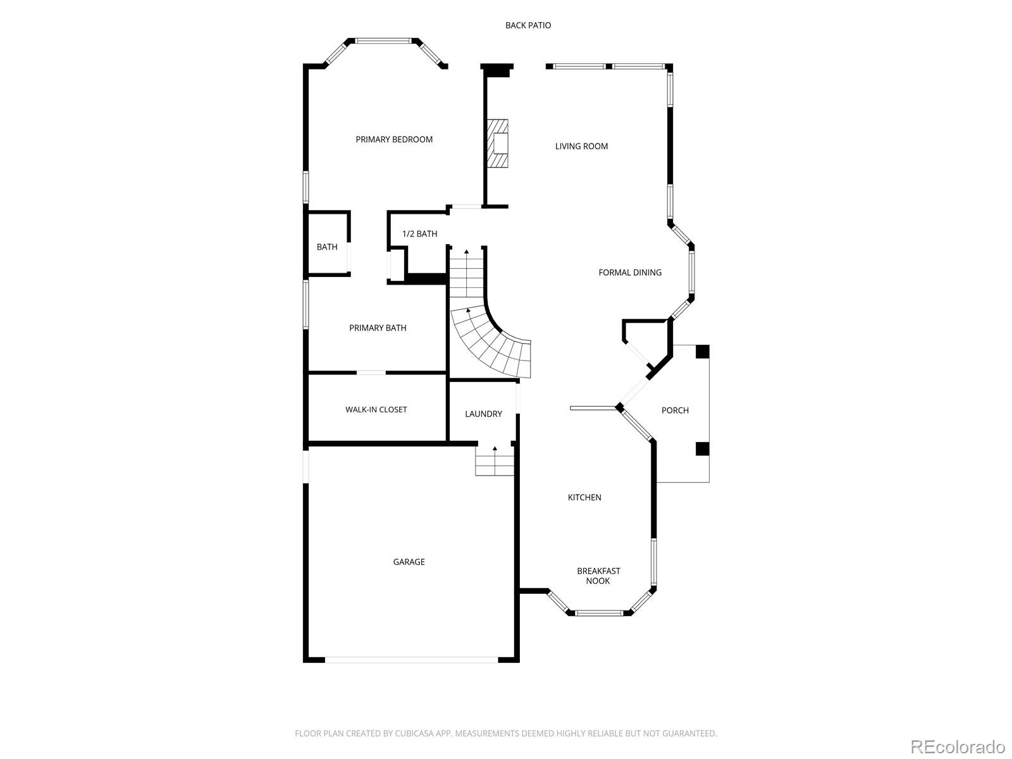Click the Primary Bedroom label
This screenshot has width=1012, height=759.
pos(394,139)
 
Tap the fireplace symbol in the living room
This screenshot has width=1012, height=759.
pos(498,144)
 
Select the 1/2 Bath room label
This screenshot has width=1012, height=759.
pos(419,234)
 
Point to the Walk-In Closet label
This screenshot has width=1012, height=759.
pos(376,409)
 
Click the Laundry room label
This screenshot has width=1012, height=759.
pos(483,414)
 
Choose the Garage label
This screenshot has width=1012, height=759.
pos(409,562)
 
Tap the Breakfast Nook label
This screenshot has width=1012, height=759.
pos(598,576)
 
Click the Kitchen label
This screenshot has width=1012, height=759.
pos(584,497)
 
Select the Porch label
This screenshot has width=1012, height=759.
pos(675,410)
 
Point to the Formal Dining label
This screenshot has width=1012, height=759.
pos(630,273)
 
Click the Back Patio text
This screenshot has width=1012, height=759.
pos(528,25)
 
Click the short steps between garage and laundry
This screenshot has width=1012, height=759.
pos(494,461)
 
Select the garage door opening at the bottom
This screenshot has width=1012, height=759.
pos(411,660)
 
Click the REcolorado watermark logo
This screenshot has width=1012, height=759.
pos(959,746)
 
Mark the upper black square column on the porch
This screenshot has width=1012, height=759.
pos(702,352)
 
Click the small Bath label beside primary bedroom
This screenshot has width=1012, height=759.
pos(327,247)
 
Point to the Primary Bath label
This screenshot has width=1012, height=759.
pos(378,328)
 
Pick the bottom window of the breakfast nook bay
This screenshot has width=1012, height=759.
pos(599,612)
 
